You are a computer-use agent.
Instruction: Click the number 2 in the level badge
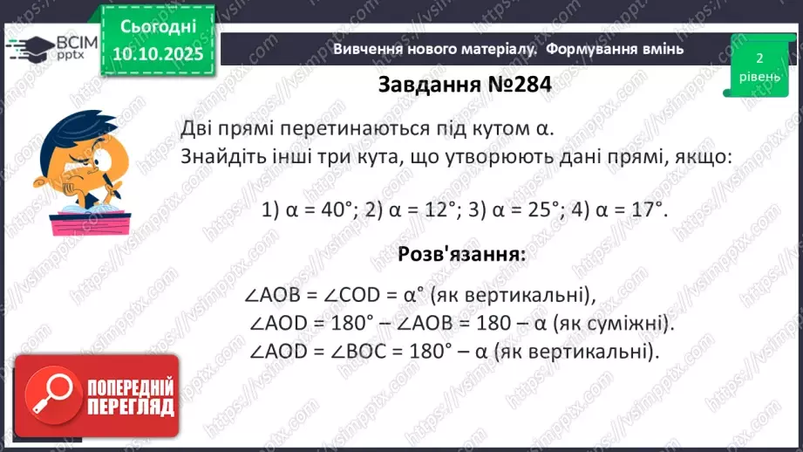tap(759, 58)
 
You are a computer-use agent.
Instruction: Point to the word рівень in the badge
tap(759, 78)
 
